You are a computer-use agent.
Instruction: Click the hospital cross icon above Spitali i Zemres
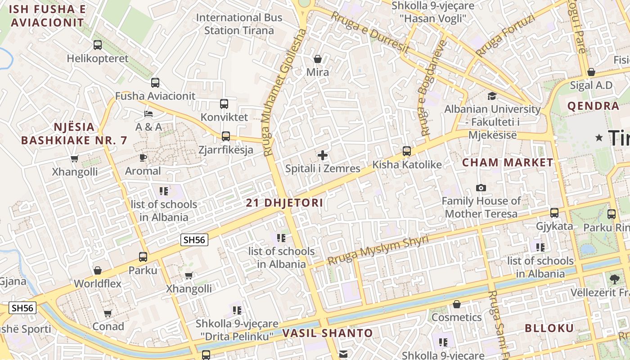[323, 155]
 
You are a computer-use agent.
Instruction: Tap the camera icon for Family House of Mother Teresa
[481, 188]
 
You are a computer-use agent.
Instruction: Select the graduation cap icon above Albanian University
[492, 96]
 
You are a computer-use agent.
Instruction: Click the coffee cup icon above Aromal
[143, 157]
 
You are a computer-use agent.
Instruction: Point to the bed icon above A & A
[148, 113]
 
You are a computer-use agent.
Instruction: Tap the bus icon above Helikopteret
[98, 45]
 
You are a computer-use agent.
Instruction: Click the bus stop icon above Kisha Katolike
[407, 151]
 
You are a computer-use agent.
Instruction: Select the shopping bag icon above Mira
[318, 59]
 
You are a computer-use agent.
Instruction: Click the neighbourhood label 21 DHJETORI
[284, 203]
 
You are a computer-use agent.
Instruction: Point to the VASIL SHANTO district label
[328, 333]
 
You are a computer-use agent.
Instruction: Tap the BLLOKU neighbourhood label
[549, 328]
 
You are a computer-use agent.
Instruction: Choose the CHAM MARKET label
[508, 162]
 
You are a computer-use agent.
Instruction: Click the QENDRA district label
[593, 106]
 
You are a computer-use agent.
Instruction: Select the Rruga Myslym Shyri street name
[378, 251]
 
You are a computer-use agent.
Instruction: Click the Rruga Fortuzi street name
[505, 36]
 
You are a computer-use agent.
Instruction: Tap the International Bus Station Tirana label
[239, 24]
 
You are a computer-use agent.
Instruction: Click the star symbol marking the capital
[599, 138]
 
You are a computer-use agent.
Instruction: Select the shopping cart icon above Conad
[108, 314]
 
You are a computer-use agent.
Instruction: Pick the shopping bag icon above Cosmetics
[457, 305]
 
